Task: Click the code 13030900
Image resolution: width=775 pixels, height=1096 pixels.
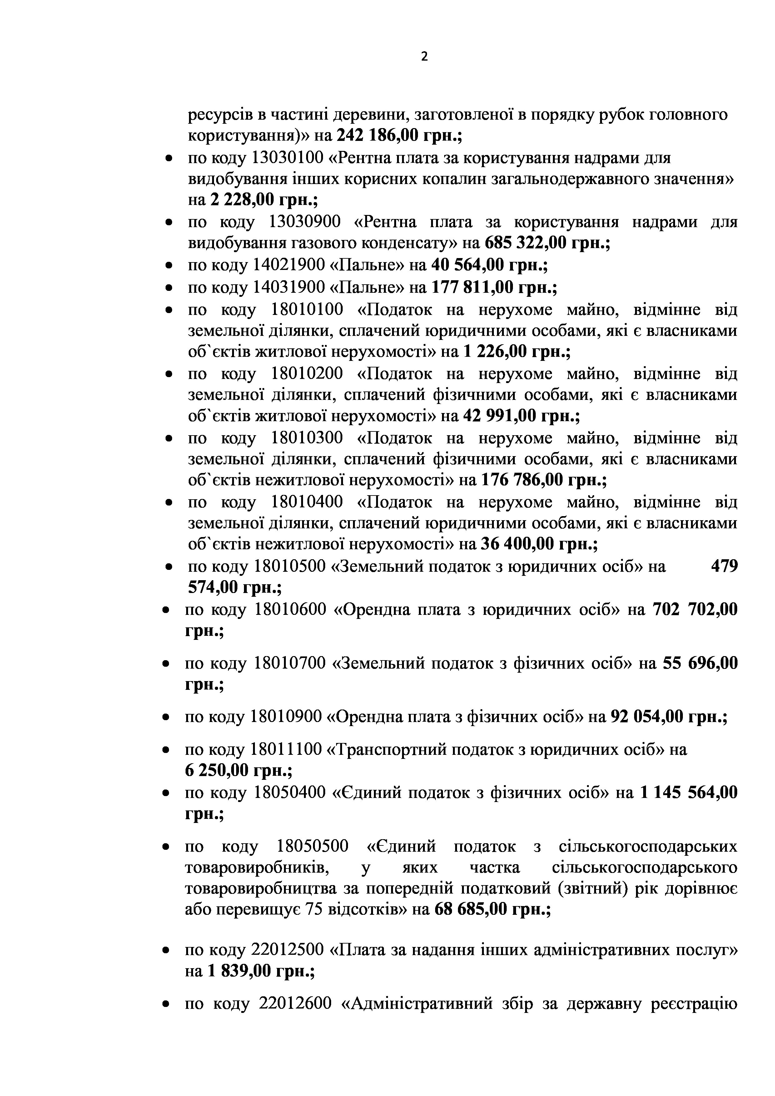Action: tap(305, 222)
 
